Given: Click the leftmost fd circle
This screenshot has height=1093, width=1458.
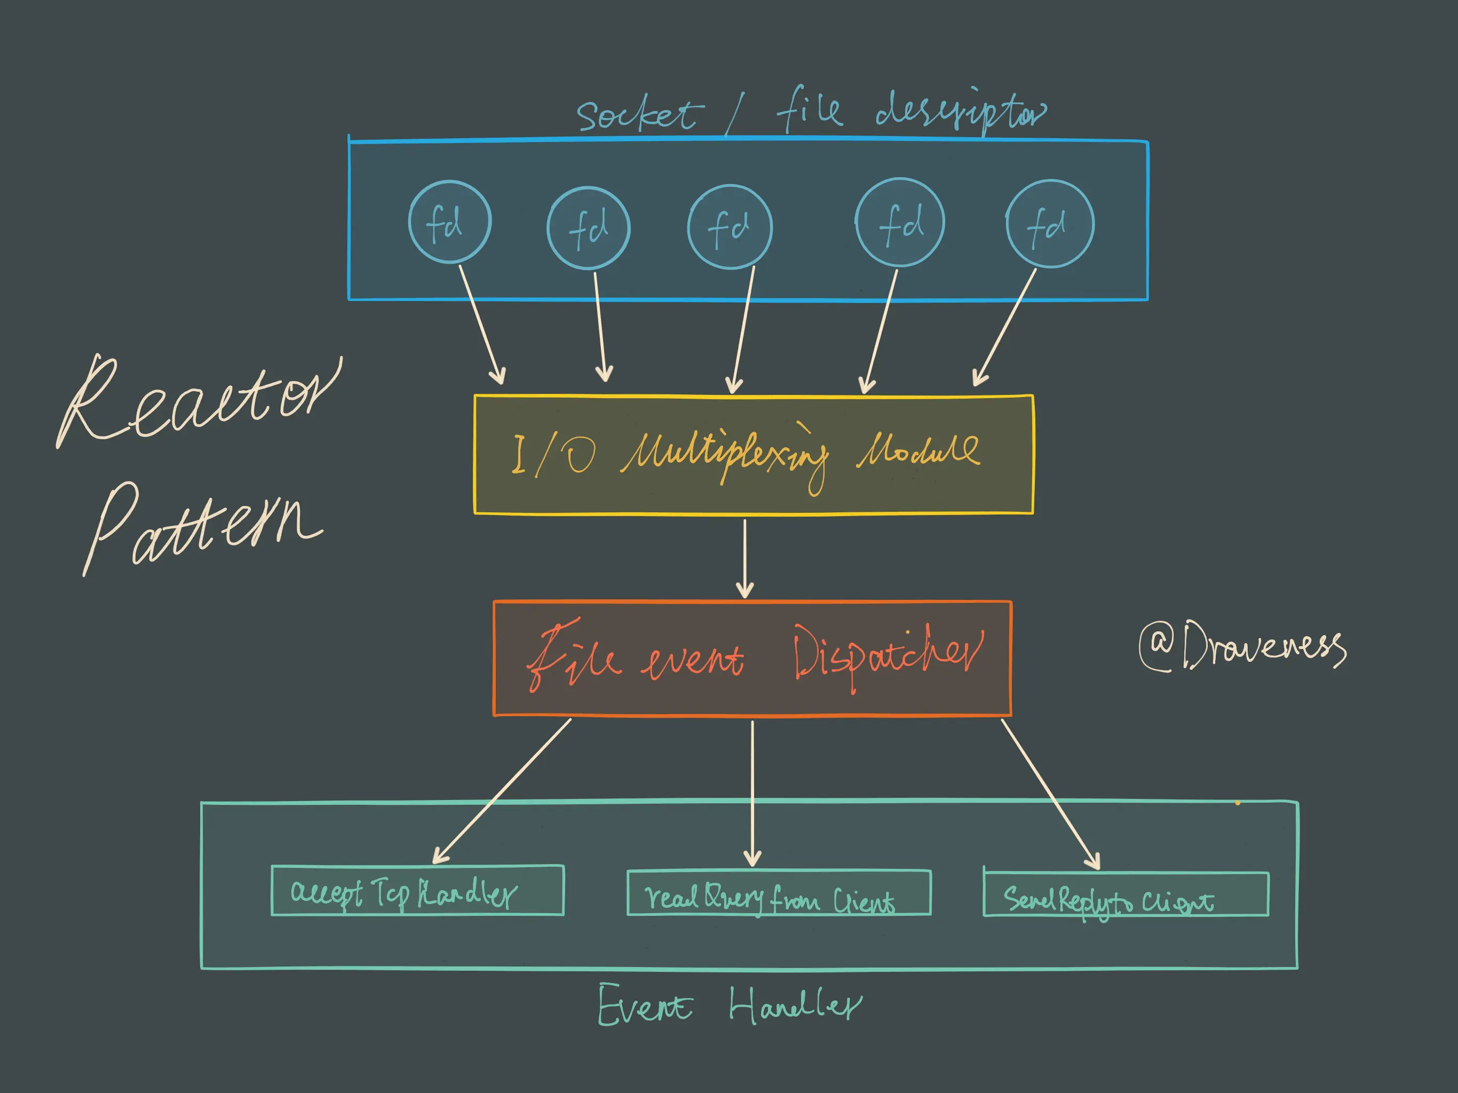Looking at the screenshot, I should coord(449,222).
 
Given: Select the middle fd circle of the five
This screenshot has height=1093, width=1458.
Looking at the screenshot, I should coord(730,227).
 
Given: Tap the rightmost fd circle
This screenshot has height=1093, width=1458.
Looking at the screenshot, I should coord(1050,224).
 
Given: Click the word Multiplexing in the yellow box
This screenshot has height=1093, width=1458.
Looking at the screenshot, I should coord(725,455).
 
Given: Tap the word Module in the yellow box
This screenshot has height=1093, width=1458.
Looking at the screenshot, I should coord(917,452).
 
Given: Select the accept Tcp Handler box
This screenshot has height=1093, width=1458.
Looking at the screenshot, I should coord(417,891).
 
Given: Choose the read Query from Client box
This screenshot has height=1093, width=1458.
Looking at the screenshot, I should coord(779,893).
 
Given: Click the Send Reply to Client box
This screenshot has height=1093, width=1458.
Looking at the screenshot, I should coord(1125,894).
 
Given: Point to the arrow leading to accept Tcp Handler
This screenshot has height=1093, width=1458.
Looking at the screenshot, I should coord(501,791).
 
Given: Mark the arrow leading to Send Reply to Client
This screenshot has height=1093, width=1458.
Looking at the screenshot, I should coord(1051,794).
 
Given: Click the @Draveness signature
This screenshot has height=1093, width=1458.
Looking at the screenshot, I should coord(1242,646).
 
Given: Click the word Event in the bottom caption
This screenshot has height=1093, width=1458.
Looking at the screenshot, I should coord(645,1005).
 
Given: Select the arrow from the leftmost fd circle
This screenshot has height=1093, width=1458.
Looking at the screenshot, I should coord(482,323).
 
